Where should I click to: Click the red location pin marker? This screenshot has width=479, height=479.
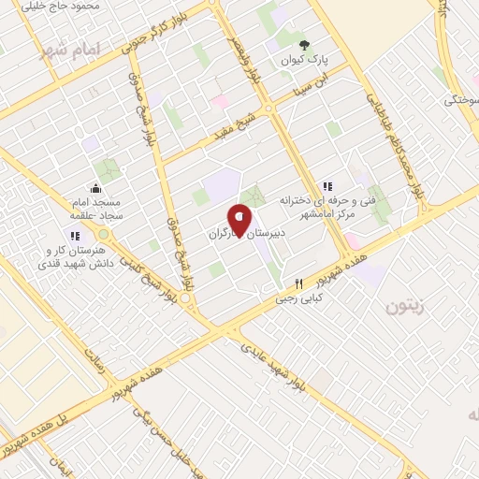coord(240,219)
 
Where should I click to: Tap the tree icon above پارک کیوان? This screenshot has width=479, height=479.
coord(303,44)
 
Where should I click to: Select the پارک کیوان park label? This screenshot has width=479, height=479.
coord(303,61)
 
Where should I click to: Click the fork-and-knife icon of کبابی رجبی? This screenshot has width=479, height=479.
coord(298,283)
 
